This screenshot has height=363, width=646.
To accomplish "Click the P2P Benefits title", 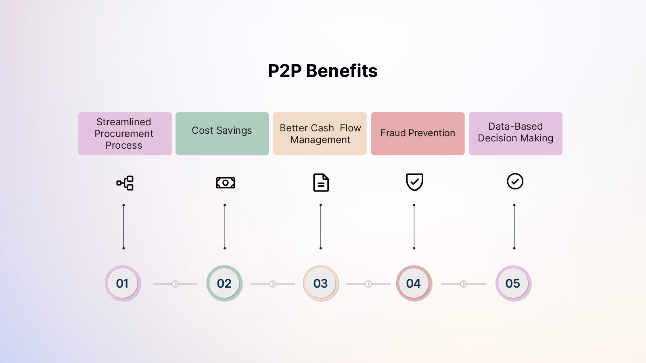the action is (x=323, y=71).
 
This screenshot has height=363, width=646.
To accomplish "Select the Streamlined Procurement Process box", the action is (x=125, y=134).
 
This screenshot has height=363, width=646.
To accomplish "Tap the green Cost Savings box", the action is (x=222, y=134).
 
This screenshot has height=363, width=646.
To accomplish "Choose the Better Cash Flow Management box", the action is (x=320, y=134).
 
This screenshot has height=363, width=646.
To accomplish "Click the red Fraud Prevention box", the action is (x=418, y=134).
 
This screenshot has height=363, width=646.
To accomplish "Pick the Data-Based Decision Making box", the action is (x=515, y=134).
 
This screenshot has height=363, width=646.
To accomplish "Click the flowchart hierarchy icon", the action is (x=125, y=183).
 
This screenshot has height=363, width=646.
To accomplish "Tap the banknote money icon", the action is (x=225, y=183).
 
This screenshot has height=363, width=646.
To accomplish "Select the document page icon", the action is (x=321, y=183).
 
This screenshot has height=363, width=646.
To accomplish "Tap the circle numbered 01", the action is (x=123, y=284).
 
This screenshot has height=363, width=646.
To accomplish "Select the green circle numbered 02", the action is (x=224, y=284).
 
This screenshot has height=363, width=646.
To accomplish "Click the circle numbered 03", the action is (x=321, y=284).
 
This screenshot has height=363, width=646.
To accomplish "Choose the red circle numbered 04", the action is (x=414, y=284).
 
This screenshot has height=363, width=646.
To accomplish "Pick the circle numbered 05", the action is (x=513, y=284).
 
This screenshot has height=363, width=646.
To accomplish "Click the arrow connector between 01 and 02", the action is (x=176, y=284).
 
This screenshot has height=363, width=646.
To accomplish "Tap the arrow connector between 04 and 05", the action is (x=464, y=284).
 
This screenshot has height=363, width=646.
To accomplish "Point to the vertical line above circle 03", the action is (x=321, y=227).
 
